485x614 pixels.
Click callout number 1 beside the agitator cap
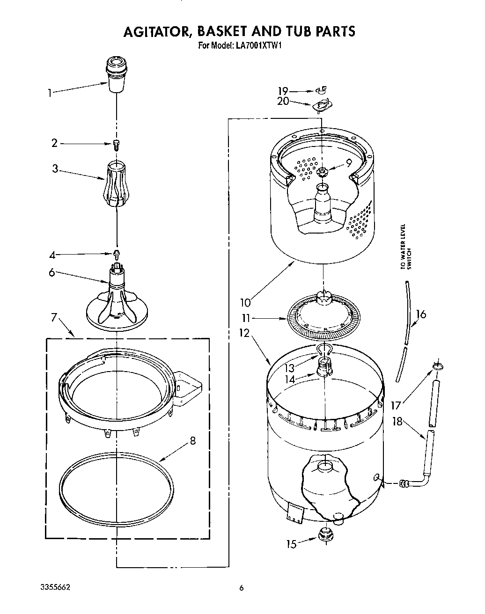(49, 93)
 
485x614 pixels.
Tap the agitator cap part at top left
(116, 73)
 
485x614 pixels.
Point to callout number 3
(55, 168)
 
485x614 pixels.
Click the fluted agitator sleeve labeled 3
(116, 183)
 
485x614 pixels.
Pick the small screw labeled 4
(117, 254)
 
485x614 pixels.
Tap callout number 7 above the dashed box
(54, 318)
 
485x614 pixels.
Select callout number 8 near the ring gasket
(193, 440)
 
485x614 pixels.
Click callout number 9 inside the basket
(349, 163)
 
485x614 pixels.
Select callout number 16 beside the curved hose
(421, 314)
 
